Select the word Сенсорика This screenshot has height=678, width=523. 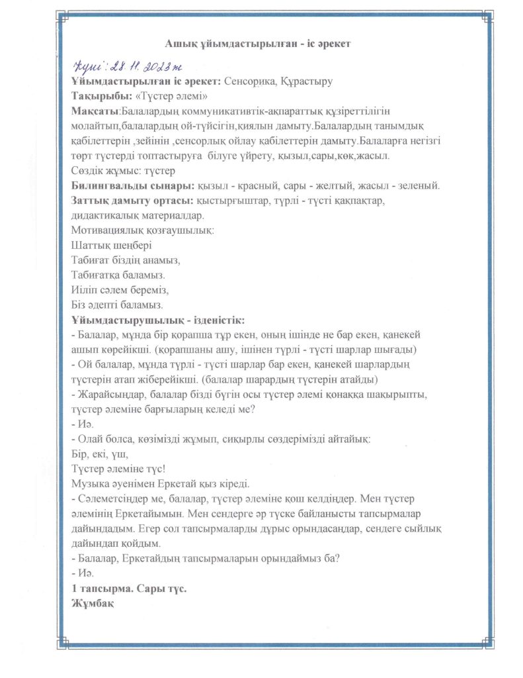click(249, 82)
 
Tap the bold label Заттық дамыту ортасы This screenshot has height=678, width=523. click(132, 202)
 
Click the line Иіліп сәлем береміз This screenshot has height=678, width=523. click(120, 291)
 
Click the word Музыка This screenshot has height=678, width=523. click(89, 484)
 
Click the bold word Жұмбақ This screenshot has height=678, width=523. click(93, 603)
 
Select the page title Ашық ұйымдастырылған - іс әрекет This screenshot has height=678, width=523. click(261, 44)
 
